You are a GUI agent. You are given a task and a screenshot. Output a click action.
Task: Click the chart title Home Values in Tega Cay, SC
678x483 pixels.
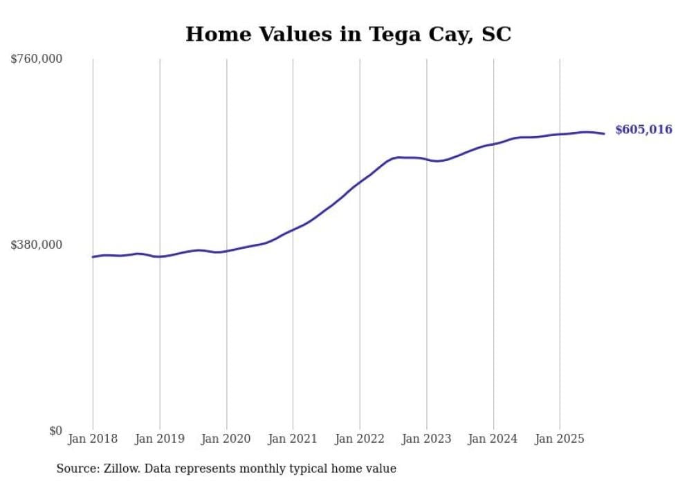point(348,35)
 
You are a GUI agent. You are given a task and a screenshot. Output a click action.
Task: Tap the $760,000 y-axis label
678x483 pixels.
point(37,59)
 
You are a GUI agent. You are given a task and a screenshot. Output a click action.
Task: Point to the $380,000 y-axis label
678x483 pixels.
point(37,245)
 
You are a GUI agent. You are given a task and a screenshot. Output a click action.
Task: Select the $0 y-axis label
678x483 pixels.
point(55,430)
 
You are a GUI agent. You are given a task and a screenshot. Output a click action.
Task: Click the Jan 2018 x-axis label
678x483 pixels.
point(93,439)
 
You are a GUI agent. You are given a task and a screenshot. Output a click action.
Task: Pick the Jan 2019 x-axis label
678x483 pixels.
point(160,439)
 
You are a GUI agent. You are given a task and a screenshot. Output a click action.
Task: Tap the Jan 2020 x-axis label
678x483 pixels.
point(226,439)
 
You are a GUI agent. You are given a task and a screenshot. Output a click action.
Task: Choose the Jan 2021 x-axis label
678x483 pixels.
point(293,439)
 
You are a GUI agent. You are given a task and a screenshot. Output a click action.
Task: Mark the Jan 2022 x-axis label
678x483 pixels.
point(360,439)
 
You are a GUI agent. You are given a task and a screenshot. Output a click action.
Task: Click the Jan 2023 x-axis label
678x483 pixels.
point(426,439)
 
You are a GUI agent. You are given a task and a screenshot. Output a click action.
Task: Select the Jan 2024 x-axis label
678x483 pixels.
point(493,439)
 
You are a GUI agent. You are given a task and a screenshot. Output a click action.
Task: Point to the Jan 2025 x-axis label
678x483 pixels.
point(560,439)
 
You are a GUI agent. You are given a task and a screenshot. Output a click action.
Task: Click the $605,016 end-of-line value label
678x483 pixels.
point(643,130)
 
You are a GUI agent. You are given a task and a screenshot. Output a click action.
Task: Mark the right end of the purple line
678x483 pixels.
point(605,133)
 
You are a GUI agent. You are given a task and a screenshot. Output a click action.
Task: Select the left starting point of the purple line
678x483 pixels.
point(93,257)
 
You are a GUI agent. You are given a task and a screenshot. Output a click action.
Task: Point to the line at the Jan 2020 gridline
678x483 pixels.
point(226,251)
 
